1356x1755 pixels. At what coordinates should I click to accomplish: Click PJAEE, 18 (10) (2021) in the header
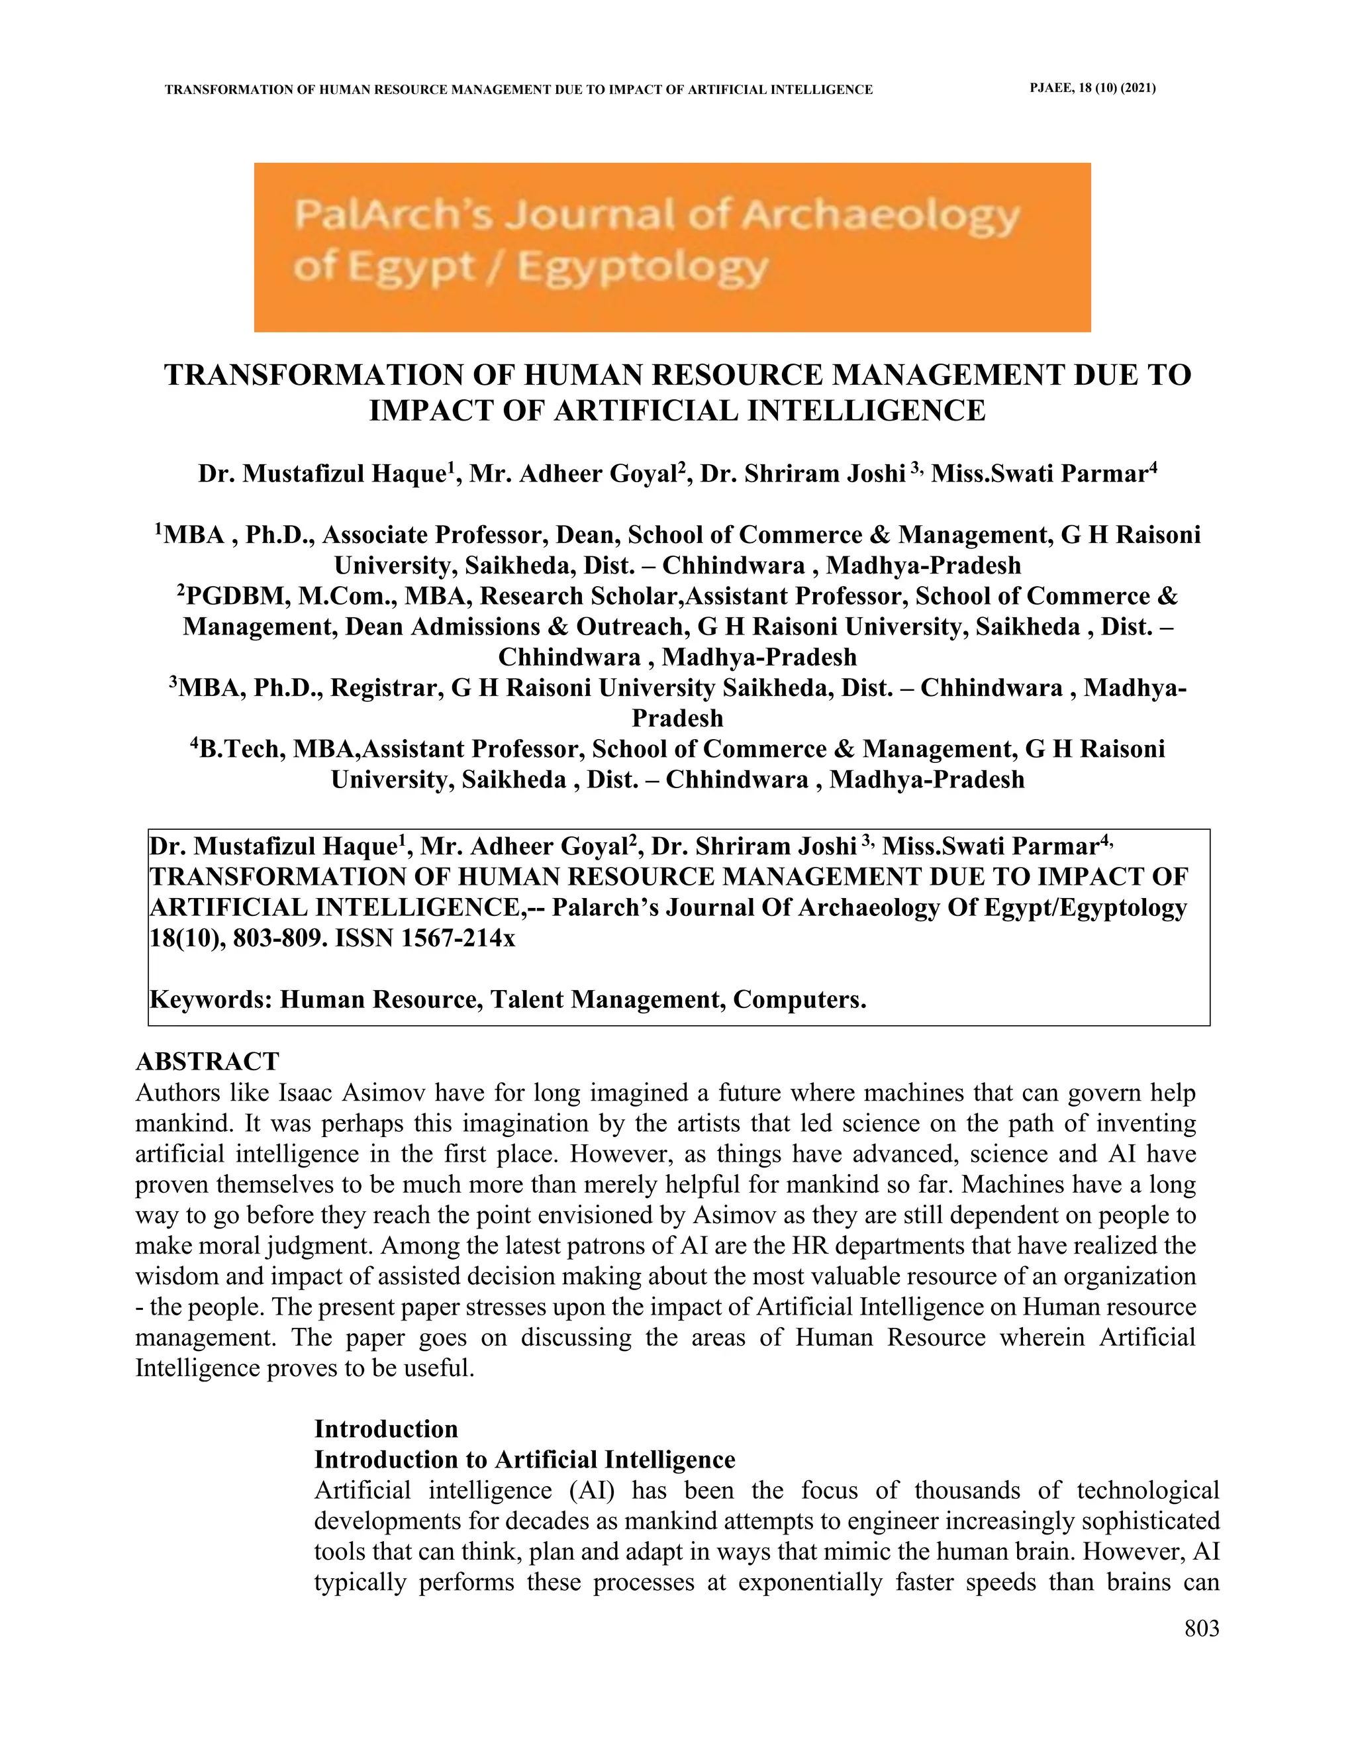tap(1092, 88)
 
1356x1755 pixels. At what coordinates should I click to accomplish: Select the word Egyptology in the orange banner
tap(643, 267)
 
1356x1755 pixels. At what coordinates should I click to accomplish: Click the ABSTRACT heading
tap(207, 1062)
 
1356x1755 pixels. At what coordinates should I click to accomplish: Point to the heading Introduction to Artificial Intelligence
tap(524, 1459)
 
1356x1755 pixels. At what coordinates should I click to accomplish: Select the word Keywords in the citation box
tap(211, 999)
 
